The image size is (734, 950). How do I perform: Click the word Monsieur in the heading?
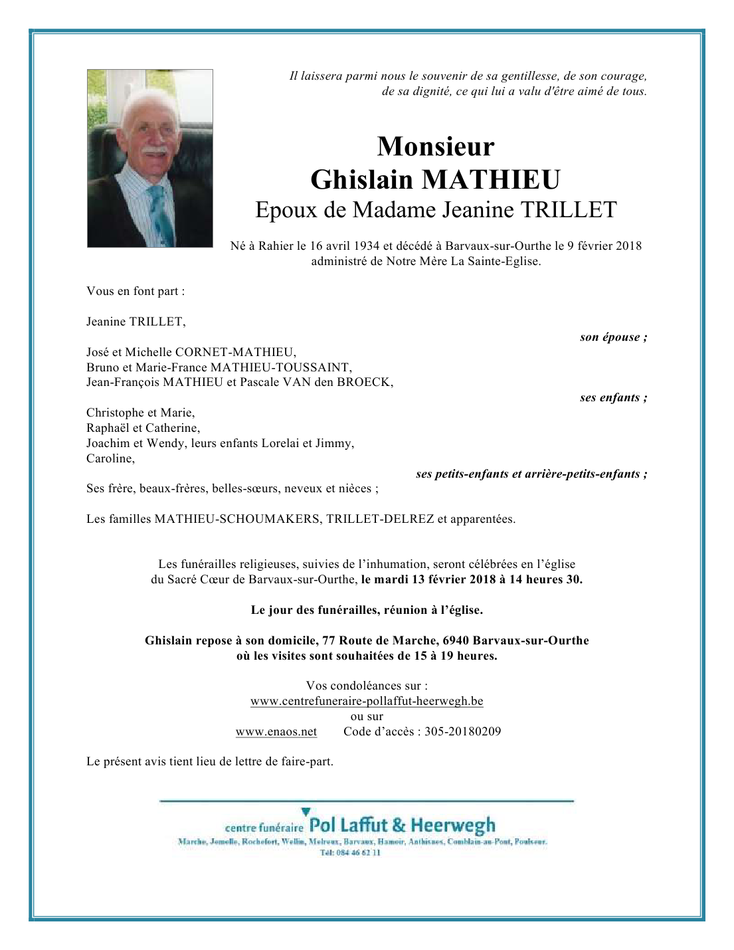pyautogui.click(x=436, y=147)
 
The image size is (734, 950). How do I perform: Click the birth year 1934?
pyautogui.click(x=367, y=246)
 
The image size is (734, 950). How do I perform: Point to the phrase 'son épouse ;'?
pyautogui.click(x=613, y=337)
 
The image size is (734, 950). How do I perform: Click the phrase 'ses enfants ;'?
pyautogui.click(x=613, y=398)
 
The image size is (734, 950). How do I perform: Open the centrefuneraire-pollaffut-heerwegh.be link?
pyautogui.click(x=367, y=702)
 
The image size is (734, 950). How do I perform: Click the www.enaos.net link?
pyautogui.click(x=276, y=732)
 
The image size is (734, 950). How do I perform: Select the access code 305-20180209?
pyautogui.click(x=462, y=732)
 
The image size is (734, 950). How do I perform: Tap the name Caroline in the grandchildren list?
pyautogui.click(x=110, y=458)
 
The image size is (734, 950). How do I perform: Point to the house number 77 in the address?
pyautogui.click(x=329, y=641)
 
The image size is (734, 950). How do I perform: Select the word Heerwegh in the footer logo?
pyautogui.click(x=453, y=826)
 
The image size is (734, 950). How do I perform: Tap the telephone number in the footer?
pyautogui.click(x=350, y=853)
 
